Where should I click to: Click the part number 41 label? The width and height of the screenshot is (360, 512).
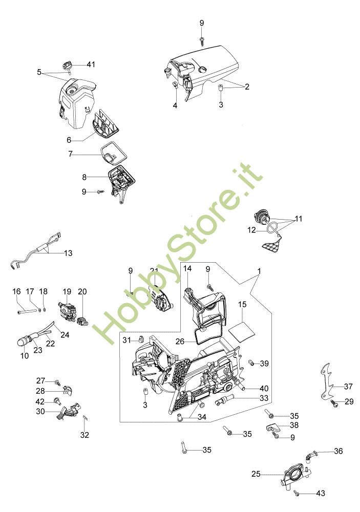[x=91, y=65]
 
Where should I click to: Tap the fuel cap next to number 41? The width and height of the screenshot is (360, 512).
[x=67, y=66]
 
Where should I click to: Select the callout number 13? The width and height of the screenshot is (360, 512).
[x=68, y=253]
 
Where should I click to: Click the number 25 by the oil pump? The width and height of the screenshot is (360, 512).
[x=256, y=474]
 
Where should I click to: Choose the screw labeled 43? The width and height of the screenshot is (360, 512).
[x=297, y=493]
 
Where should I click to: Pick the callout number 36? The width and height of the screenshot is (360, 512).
[x=338, y=451]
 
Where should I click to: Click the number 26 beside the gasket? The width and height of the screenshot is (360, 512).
[x=179, y=341]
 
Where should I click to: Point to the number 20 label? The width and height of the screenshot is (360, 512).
[x=82, y=291]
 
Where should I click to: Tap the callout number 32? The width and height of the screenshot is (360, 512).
[x=84, y=435]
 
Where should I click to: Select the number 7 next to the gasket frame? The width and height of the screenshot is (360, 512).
[x=72, y=153]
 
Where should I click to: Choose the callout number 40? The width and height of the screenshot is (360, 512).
[x=264, y=388]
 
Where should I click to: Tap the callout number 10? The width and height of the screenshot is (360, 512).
[x=24, y=355]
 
